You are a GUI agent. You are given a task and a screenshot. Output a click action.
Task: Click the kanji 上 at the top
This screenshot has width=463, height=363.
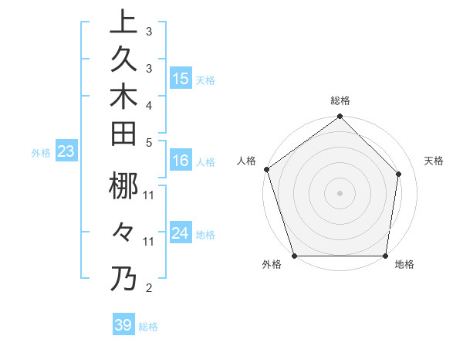123,22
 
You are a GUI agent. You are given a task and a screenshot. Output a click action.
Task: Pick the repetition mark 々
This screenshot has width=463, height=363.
123,232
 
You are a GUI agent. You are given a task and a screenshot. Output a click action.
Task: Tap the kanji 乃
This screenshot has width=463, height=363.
123,278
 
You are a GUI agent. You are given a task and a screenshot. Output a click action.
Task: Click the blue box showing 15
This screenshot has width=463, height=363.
181,79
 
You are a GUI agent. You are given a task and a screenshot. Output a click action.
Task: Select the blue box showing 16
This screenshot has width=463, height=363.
181,161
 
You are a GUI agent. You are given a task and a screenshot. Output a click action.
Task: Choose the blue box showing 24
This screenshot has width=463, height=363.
181,233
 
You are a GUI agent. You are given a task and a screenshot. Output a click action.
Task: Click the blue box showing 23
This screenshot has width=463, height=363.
66,152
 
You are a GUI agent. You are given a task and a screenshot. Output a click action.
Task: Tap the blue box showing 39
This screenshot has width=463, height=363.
123,325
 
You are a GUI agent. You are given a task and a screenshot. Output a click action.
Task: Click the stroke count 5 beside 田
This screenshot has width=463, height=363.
149,142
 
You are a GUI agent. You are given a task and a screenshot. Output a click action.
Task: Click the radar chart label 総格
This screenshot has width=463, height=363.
340,100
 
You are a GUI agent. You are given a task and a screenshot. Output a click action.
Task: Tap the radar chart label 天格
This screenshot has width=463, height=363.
434,161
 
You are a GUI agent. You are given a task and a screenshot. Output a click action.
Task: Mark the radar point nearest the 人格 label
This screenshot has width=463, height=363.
266,169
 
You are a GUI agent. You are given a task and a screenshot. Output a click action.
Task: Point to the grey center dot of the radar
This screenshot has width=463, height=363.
340,192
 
